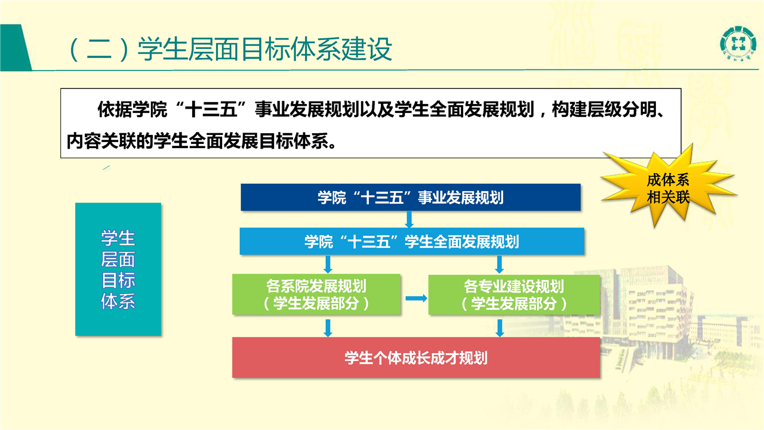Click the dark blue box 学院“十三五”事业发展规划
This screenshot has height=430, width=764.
click(411, 197)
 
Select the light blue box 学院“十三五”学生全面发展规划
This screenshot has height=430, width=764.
click(412, 241)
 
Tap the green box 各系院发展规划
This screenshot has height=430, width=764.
click(316, 294)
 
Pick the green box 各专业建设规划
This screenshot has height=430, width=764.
click(514, 294)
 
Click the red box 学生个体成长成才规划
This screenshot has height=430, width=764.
click(416, 358)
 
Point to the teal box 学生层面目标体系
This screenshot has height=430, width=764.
click(118, 269)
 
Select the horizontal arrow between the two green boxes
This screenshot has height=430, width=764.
click(416, 298)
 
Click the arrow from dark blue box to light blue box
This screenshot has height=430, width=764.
click(409, 219)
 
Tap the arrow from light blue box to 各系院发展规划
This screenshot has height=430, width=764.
click(328, 265)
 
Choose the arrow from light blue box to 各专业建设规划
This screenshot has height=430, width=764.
click(500, 265)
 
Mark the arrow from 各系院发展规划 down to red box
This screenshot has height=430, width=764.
click(328, 328)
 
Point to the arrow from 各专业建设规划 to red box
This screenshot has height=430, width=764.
click(500, 328)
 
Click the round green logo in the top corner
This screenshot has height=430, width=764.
click(737, 44)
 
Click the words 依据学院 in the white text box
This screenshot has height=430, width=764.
click(133, 109)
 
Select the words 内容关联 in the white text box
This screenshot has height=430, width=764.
click(101, 141)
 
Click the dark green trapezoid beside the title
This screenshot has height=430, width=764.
click(16, 47)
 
